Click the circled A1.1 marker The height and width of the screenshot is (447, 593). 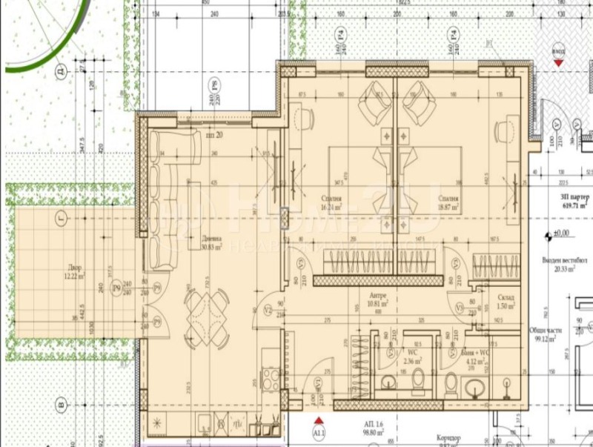pyautogui.click(x=319, y=432)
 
